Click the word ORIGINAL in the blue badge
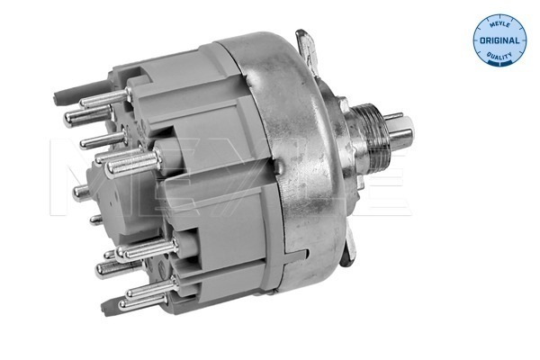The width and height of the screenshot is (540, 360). point(500,41)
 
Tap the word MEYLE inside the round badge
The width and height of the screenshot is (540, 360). point(499,24)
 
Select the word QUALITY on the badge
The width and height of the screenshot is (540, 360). point(500,58)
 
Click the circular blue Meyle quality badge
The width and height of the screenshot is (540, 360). point(500,41)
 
